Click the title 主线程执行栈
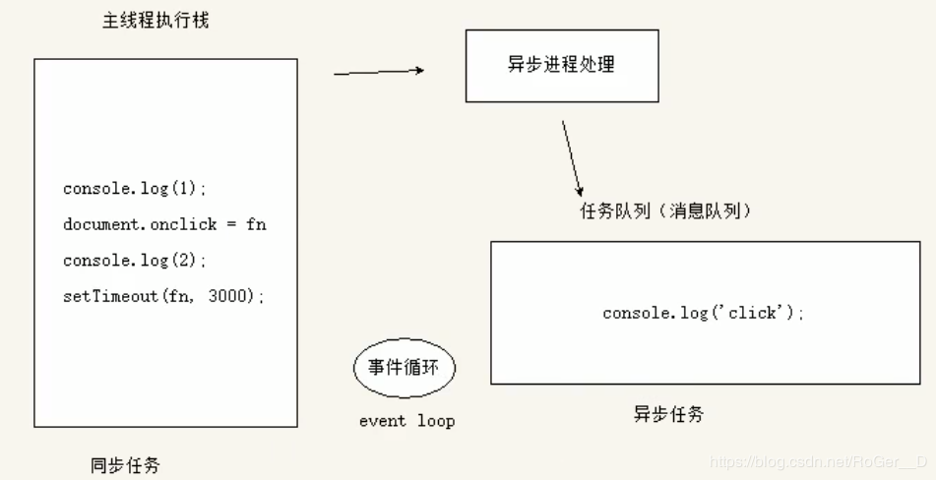[156, 21]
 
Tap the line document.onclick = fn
[164, 224]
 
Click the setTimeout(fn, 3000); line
[164, 296]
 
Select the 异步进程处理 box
[562, 65]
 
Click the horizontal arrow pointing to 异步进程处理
[379, 71]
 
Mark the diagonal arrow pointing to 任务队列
[572, 157]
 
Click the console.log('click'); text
[704, 313]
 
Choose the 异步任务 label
[668, 414]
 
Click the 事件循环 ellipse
[406, 370]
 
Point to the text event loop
[406, 421]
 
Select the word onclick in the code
[184, 224]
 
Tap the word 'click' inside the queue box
[756, 313]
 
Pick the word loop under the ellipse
[435, 421]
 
